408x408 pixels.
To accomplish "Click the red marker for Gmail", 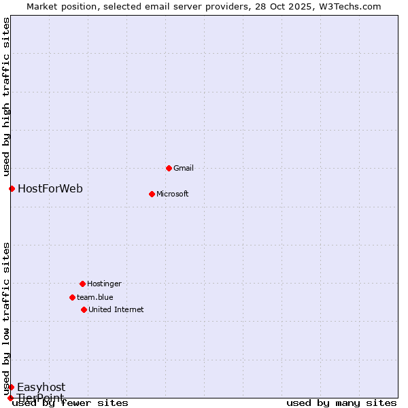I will click(169, 168).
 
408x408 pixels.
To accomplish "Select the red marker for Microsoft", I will click(152, 194).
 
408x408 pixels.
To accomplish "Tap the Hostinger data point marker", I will click(82, 284).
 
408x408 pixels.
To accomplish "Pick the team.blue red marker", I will click(72, 297).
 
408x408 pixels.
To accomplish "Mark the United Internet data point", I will click(84, 309).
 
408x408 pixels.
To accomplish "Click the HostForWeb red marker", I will click(12, 188).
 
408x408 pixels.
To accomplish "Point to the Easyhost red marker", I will click(11, 387).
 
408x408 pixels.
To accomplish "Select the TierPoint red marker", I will click(10, 398).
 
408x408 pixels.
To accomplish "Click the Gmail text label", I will click(184, 168).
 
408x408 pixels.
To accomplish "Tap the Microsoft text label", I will click(173, 194).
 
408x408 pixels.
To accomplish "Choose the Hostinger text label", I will click(104, 284).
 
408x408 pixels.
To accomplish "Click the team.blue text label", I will click(95, 297).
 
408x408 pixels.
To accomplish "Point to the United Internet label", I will click(116, 309).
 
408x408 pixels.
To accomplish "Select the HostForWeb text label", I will click(50, 188).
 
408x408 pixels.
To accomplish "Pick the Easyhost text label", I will click(41, 388).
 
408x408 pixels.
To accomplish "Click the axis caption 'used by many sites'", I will click(341, 403).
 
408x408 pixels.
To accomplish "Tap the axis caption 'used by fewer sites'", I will click(71, 403).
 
